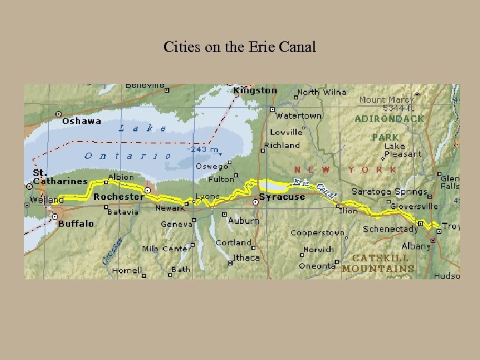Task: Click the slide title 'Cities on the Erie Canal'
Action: tap(239, 47)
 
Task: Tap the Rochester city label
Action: tap(118, 197)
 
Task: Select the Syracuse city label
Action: tap(282, 197)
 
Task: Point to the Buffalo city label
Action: tap(76, 224)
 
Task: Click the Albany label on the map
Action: tap(416, 246)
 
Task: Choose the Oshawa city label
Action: tap(81, 121)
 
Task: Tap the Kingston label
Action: tap(255, 91)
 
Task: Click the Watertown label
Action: tap(299, 115)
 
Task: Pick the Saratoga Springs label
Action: tap(389, 192)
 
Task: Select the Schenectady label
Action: tap(391, 229)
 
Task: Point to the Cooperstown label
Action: tap(317, 233)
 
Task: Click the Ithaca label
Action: tap(246, 257)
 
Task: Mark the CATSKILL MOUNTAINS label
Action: tap(379, 263)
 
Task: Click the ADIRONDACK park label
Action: tap(389, 119)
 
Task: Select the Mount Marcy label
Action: tap(386, 100)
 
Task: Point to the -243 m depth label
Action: tap(203, 150)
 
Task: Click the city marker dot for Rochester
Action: tap(147, 190)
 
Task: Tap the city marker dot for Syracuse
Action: tap(255, 202)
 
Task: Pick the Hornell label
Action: tap(127, 271)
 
